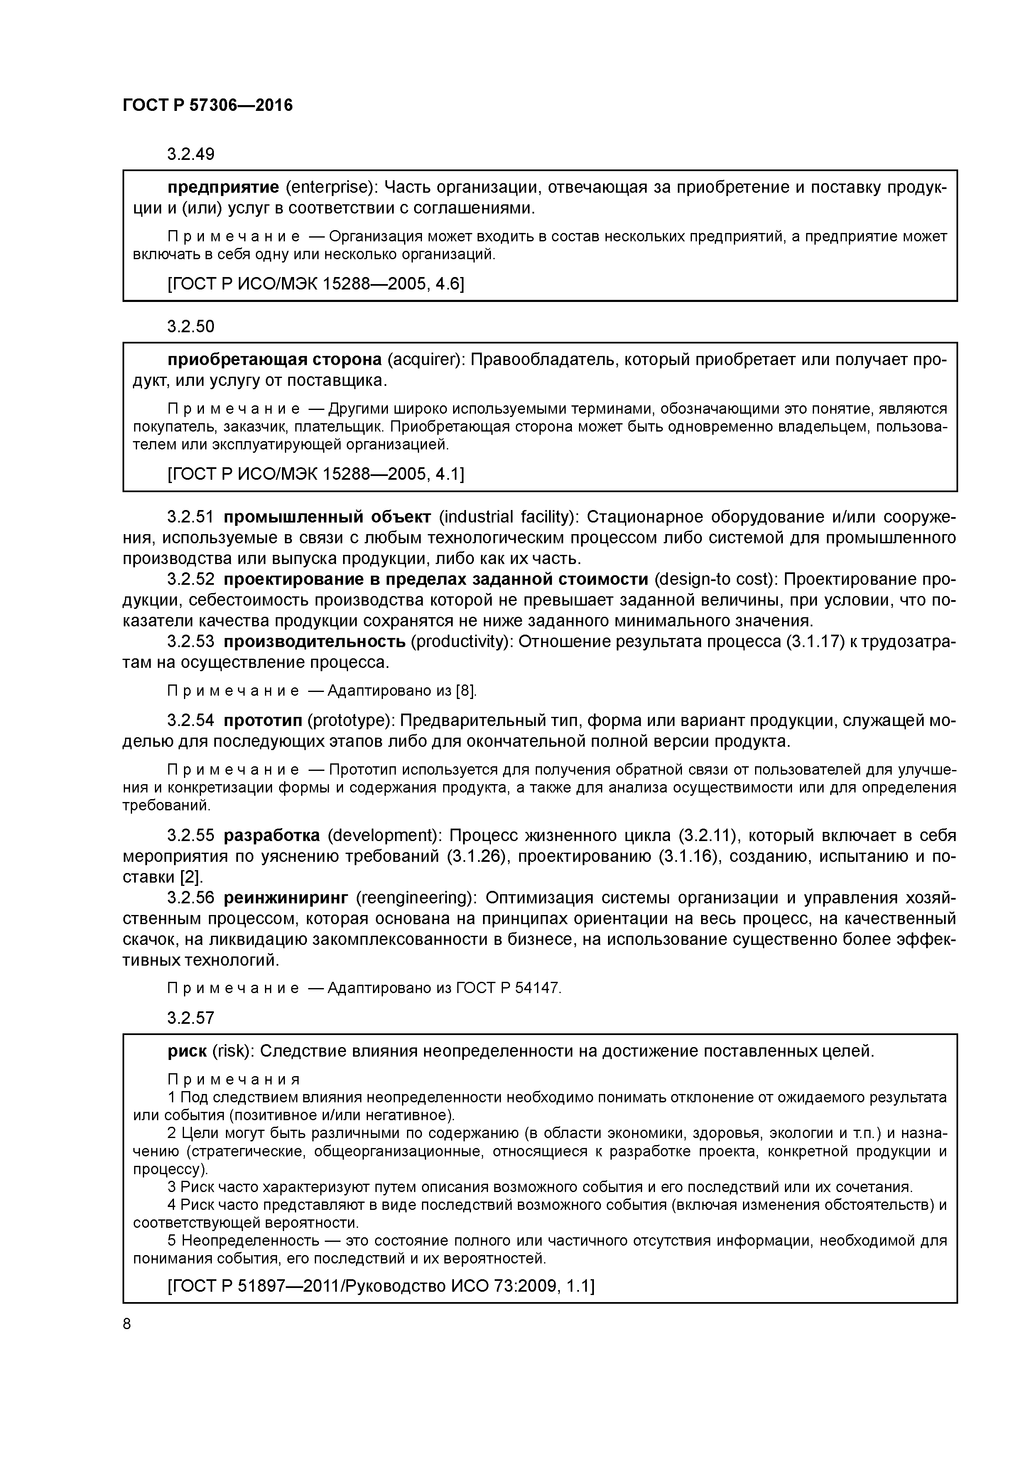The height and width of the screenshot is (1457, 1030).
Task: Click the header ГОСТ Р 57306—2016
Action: click(x=208, y=105)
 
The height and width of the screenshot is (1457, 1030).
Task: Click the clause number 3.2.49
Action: click(x=190, y=154)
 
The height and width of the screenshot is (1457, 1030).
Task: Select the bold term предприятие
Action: click(x=223, y=187)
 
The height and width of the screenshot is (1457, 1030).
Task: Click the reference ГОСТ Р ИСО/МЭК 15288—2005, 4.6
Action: click(x=315, y=284)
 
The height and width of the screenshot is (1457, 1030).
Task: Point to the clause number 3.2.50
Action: click(x=190, y=327)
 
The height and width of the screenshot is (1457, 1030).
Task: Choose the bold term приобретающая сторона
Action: click(x=274, y=360)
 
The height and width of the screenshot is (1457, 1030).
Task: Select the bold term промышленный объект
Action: click(x=327, y=517)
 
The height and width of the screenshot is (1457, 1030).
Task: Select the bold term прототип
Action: click(x=263, y=721)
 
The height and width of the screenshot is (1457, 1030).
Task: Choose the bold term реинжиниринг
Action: click(x=286, y=898)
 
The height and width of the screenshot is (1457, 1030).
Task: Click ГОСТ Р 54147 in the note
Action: click(x=509, y=989)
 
